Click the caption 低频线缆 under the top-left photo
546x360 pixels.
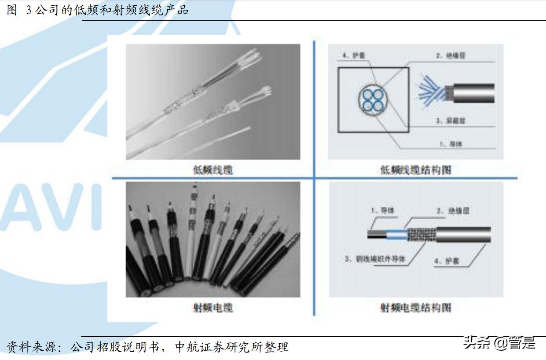tap(213, 170)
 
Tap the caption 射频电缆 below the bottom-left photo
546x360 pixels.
tap(213, 308)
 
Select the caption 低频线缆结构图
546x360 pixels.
tap(416, 170)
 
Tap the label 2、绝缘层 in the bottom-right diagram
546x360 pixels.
tap(453, 211)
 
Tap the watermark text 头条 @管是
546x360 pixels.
tap(499, 342)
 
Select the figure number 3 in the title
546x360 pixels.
tap(29, 11)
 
